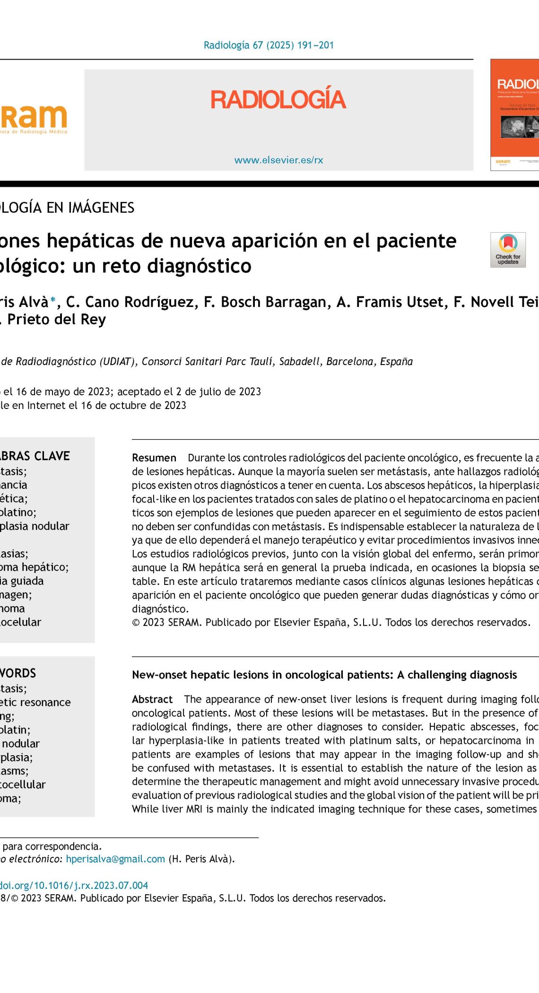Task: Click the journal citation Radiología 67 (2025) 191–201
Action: coord(269,45)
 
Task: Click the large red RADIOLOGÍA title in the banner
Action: coord(278,99)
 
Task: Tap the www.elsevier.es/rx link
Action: coord(278,160)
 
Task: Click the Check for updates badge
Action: coord(508,250)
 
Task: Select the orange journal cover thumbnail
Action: coord(515,114)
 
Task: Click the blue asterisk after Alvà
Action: coord(53,300)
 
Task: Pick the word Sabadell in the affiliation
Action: coord(300,362)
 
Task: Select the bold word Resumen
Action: coord(154,458)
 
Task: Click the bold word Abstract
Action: coord(152,699)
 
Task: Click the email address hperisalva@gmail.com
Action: coord(115,859)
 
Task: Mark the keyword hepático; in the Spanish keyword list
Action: coord(47,567)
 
